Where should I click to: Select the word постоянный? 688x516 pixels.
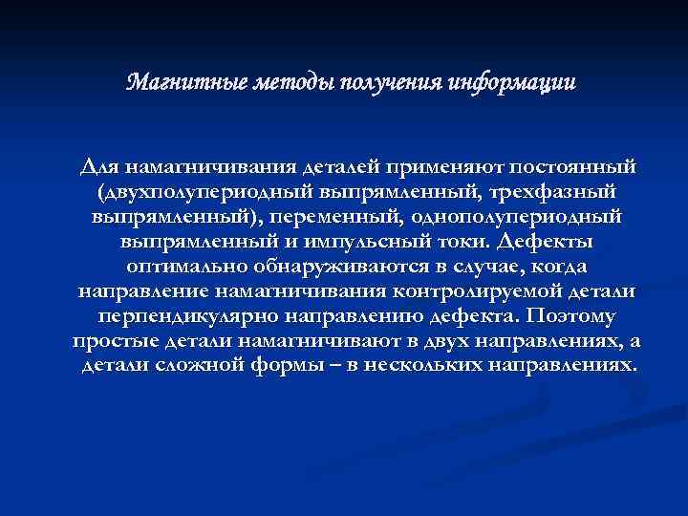(x=560, y=166)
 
